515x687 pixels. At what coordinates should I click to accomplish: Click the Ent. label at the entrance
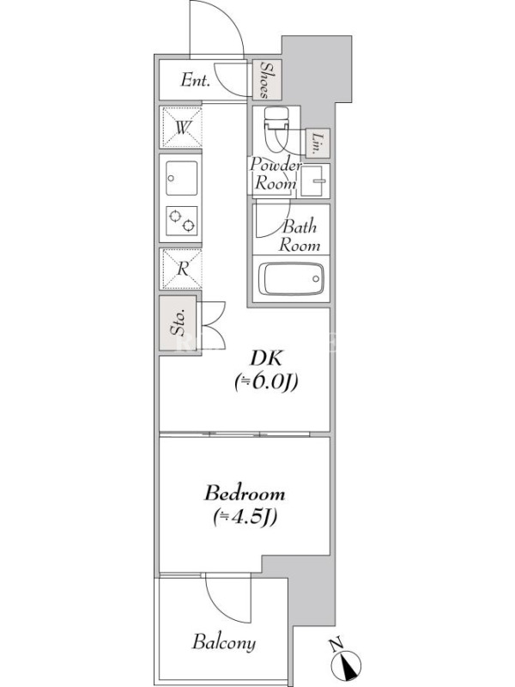pos(196,80)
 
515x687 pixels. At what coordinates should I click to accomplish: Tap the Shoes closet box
pos(267,80)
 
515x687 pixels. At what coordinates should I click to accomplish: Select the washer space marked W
pos(182,127)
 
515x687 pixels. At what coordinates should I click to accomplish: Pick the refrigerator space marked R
pos(182,269)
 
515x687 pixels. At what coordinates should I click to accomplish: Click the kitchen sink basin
pos(182,178)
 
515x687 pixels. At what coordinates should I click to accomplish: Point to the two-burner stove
pos(182,221)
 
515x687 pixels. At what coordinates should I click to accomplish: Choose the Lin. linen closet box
pos(317,143)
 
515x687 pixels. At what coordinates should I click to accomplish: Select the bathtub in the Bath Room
pos(291,278)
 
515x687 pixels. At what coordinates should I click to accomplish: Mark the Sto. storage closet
pos(179,324)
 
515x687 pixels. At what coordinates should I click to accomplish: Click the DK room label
pos(266,358)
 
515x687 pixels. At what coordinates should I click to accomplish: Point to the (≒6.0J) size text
pos(266,381)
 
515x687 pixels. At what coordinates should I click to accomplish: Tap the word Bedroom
pos(245,493)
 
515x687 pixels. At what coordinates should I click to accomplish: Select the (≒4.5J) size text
pos(245,518)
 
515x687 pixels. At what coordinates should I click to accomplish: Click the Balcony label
pos(224,642)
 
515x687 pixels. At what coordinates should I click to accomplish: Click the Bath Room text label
pos(300,235)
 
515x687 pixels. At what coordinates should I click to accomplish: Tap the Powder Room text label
pos(276,174)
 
